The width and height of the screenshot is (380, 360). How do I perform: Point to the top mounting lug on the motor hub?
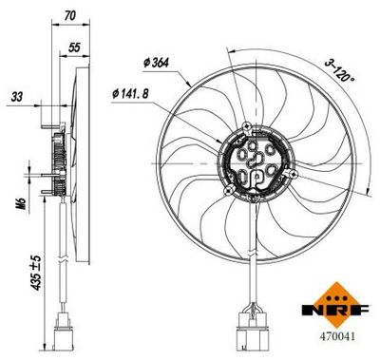tap(248, 127)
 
